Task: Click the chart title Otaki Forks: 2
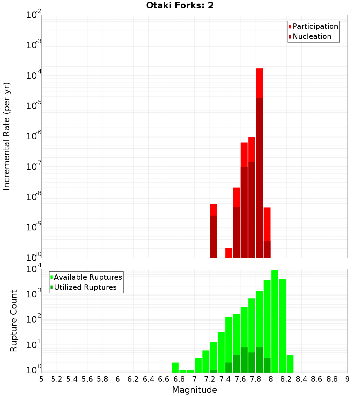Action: [x=180, y=6]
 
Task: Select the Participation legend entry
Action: [x=315, y=26]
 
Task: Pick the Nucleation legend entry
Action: [x=312, y=36]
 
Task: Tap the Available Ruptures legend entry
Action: [x=88, y=277]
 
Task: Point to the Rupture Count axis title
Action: [x=14, y=321]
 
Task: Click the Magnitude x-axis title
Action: [x=194, y=390]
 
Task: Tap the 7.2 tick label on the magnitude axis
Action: [x=210, y=379]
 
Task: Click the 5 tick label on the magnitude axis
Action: [x=41, y=379]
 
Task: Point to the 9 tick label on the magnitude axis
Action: [x=347, y=379]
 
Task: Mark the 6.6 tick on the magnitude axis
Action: [x=164, y=379]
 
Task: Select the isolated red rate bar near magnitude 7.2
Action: [x=213, y=230]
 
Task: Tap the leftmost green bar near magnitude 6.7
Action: [x=175, y=367]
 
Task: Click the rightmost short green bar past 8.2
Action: [x=290, y=364]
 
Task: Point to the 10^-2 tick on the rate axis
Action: [x=34, y=15]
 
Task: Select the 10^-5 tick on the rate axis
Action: [x=34, y=106]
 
